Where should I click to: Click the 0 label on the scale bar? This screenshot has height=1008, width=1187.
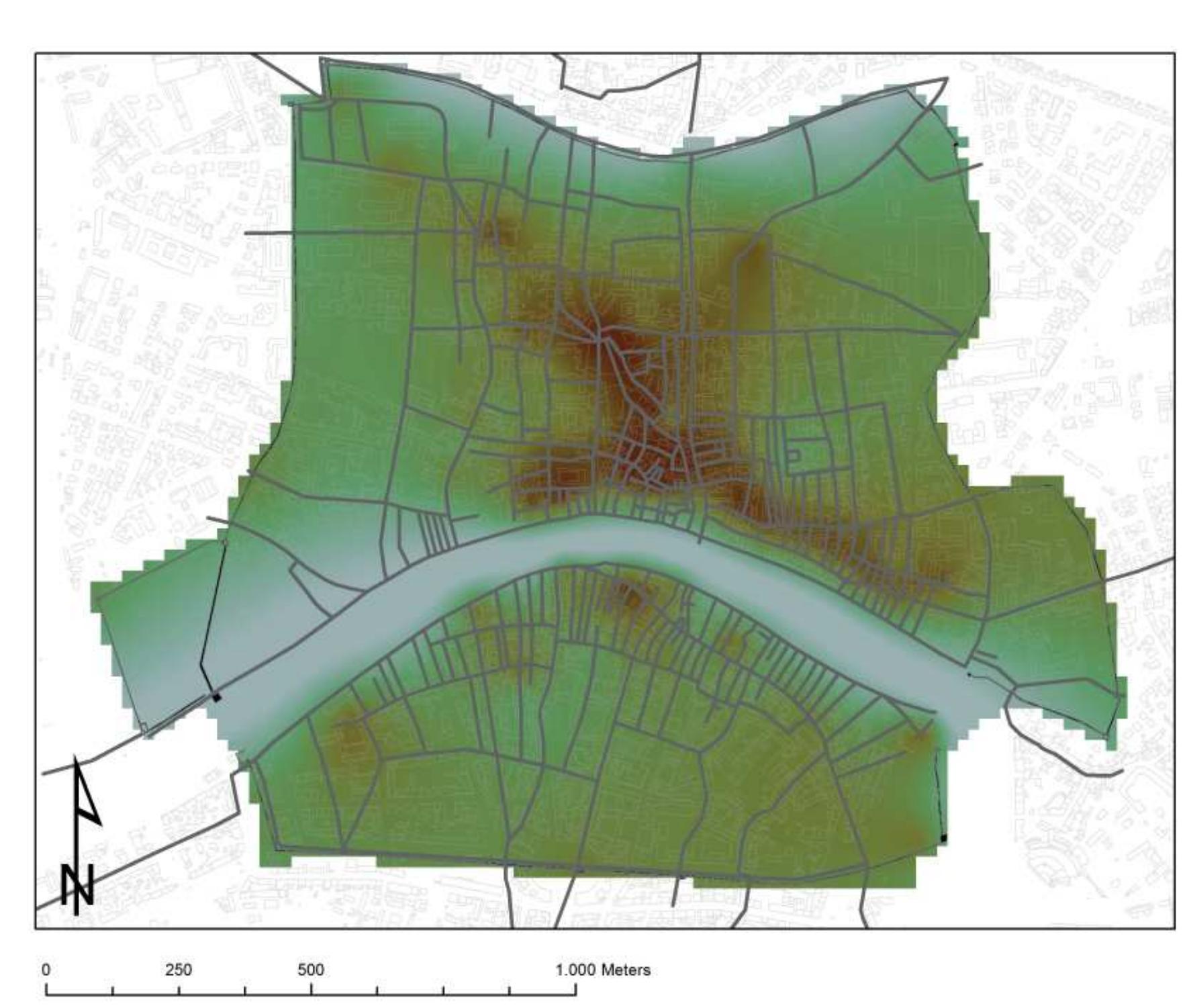point(46,970)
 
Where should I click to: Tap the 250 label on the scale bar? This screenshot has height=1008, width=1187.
point(179,970)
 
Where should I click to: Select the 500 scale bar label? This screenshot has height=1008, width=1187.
point(311,970)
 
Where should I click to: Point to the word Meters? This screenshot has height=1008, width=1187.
point(626,970)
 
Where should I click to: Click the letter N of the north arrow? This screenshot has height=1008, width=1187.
point(77,885)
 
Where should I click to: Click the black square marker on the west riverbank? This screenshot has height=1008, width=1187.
point(216,697)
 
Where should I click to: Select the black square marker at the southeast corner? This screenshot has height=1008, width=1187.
point(943,838)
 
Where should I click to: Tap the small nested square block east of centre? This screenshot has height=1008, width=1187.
point(793,455)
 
